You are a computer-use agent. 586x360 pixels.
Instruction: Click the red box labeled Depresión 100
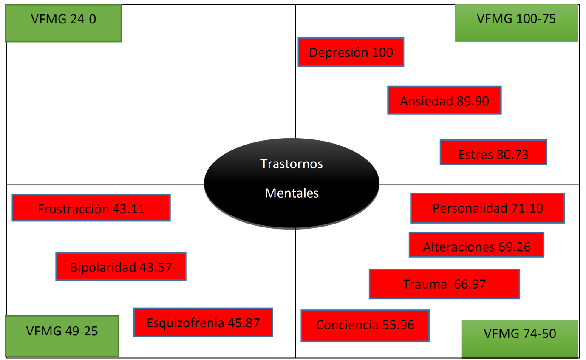pos(351,52)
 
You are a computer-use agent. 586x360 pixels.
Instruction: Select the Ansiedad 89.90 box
pos(444,100)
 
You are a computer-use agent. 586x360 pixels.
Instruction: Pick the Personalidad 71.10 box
pos(487,208)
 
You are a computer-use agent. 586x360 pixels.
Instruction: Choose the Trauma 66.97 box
pos(444,284)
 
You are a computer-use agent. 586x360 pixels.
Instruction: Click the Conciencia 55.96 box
pos(365,326)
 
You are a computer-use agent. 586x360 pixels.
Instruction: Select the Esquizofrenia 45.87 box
pos(203,323)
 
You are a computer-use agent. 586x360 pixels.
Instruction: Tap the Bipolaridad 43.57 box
pos(121,266)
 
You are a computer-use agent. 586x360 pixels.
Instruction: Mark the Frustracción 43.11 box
pos(91,208)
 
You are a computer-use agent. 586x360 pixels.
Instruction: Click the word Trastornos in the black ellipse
pos(292,164)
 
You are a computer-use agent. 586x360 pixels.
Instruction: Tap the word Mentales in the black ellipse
pos(292,193)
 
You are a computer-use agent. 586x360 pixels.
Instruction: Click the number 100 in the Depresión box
pos(382,53)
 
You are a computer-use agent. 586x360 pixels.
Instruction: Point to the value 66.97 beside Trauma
pos(470,284)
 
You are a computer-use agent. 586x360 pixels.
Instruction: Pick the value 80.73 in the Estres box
pos(512,154)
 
